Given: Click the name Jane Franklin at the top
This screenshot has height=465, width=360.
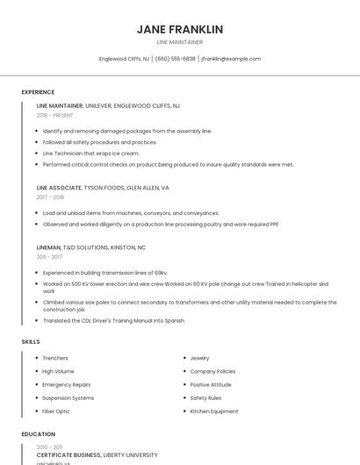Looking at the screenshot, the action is [x=180, y=30].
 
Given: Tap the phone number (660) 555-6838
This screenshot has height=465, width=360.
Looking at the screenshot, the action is [x=176, y=59].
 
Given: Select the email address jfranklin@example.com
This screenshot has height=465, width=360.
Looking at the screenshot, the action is [x=231, y=59].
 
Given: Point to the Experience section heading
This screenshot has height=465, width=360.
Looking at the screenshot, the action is [x=38, y=92].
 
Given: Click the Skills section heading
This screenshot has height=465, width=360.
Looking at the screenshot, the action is [x=31, y=341].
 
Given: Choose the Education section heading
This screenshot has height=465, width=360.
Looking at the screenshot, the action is [x=38, y=433].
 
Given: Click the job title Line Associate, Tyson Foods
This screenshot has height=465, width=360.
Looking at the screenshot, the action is [x=103, y=188].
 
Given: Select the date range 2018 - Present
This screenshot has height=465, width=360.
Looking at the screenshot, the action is [x=55, y=115].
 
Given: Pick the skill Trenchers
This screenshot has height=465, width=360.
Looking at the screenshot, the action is [x=55, y=358].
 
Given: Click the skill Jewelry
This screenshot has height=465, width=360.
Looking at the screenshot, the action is [x=199, y=358].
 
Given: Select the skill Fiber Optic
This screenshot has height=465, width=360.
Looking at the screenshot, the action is [x=56, y=411].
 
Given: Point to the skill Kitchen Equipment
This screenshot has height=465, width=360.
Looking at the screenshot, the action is [x=214, y=411].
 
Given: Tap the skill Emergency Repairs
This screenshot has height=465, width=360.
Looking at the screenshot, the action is [x=67, y=384].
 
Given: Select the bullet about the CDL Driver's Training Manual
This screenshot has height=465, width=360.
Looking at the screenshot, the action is [x=114, y=320].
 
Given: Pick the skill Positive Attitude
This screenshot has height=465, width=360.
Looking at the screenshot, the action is [x=211, y=384].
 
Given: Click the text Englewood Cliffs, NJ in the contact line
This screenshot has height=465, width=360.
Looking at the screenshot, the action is [x=124, y=59].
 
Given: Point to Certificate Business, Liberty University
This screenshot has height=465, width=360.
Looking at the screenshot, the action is [x=97, y=455].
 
